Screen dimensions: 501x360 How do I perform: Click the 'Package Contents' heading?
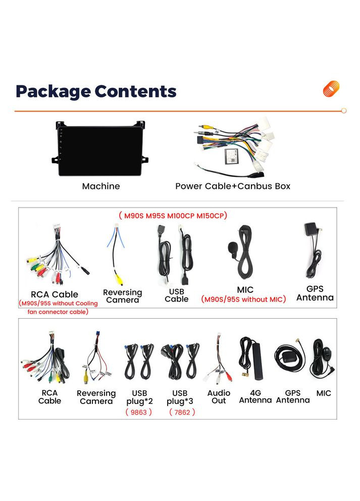[x=96, y=91]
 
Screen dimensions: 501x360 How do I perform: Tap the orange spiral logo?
[x=331, y=89]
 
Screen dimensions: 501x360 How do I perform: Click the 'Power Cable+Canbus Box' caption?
[x=233, y=186]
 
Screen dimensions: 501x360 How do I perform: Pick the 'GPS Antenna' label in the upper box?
[x=315, y=293]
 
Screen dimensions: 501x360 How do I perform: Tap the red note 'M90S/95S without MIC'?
[x=244, y=299]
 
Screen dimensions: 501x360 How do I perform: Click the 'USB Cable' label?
[x=177, y=295]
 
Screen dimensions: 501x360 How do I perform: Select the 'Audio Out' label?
[x=219, y=396]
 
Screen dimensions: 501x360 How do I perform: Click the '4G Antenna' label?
[x=255, y=396]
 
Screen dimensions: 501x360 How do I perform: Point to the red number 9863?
[x=139, y=412]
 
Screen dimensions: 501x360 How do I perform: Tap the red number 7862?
[x=182, y=412]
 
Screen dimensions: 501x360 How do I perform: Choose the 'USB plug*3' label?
[x=180, y=397]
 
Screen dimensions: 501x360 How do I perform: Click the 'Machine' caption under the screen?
[x=101, y=186]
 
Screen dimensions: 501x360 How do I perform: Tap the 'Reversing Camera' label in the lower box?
[x=96, y=397]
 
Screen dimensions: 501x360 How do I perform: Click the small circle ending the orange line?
[x=344, y=111]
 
